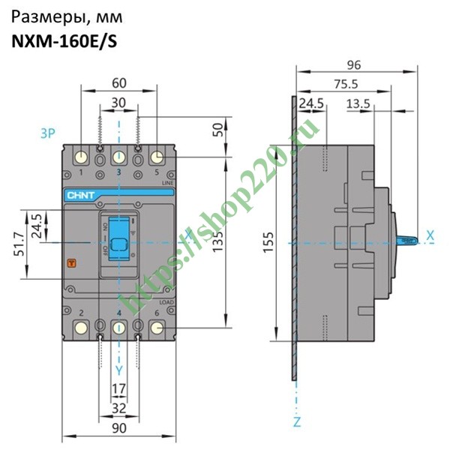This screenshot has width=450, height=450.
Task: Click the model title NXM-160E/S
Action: [x=64, y=42]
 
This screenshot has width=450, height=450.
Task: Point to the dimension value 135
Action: [x=217, y=241]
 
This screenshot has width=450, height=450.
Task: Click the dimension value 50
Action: [x=217, y=128]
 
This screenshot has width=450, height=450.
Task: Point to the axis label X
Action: [x=430, y=235]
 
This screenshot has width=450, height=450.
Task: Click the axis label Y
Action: [x=118, y=370]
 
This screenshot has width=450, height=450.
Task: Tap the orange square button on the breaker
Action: [x=72, y=263]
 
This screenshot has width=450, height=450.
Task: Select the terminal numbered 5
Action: [x=157, y=157]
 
